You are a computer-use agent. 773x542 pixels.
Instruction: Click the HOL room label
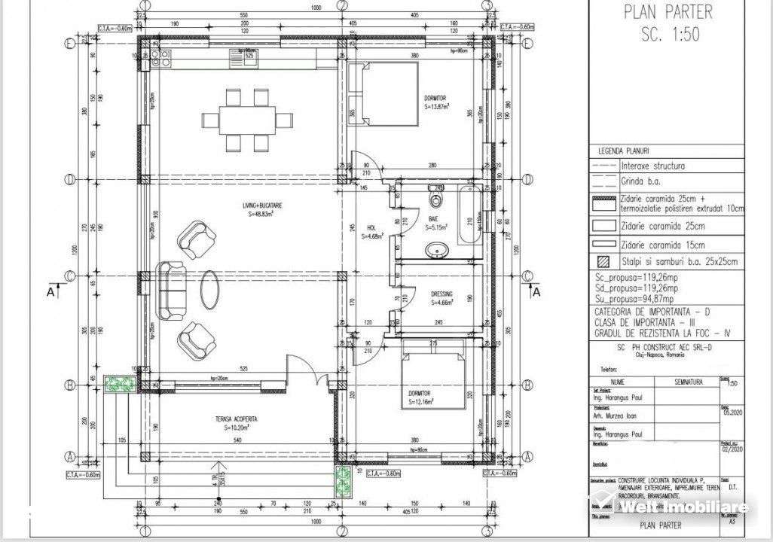pyautogui.click(x=372, y=231)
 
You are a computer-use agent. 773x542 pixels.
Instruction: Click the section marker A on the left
pyautogui.click(x=50, y=292)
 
